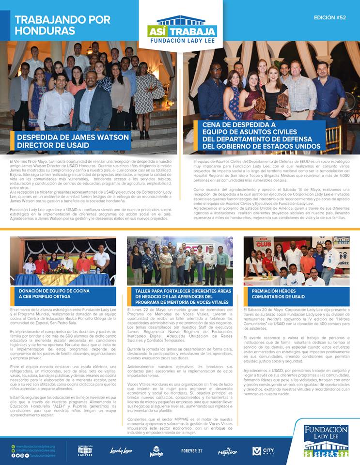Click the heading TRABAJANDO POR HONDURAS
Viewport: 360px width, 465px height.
63,25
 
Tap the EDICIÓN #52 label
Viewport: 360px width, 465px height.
329,17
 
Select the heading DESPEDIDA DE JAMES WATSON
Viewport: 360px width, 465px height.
73,141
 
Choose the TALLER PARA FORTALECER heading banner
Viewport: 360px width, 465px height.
180,296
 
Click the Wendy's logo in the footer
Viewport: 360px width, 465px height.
156,451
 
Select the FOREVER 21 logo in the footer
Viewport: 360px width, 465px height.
192,451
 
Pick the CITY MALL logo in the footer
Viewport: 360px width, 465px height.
263,451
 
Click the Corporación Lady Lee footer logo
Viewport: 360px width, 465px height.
85,450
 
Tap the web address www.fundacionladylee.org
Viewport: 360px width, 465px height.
35,446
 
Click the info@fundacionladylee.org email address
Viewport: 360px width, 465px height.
35,451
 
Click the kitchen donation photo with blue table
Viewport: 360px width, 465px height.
63,261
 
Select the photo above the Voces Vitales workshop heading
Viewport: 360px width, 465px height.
180,261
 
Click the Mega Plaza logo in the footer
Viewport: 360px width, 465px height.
227,451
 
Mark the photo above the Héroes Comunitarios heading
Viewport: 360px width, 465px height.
296,261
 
